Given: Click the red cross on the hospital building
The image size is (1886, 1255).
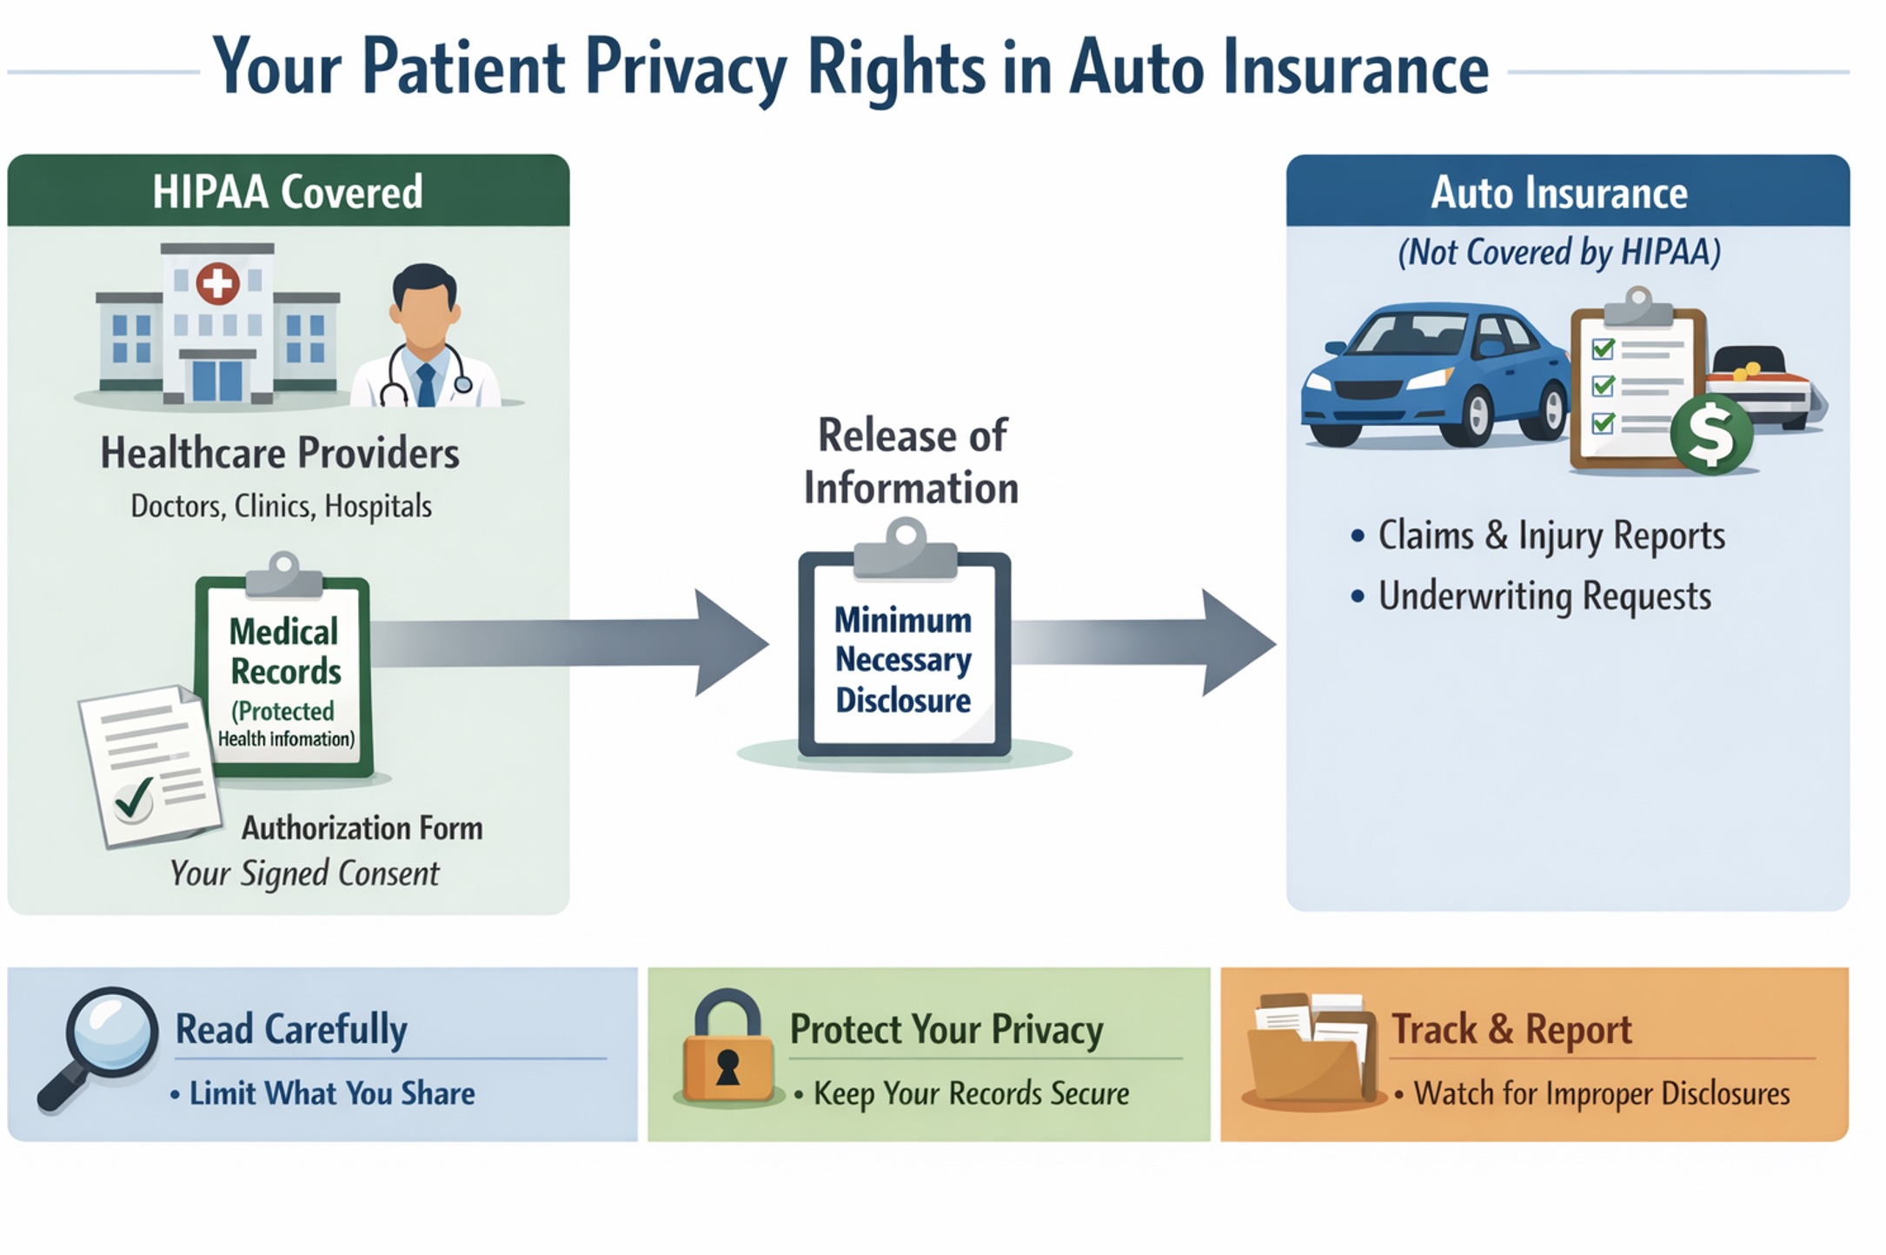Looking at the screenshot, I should [x=217, y=283].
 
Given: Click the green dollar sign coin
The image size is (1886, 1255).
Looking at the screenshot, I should [x=1710, y=435].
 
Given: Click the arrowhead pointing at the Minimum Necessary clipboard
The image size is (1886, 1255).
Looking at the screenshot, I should [x=730, y=643].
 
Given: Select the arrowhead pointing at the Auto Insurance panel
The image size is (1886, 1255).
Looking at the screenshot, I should [x=1238, y=643].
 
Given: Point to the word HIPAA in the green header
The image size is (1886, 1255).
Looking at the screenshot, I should [x=209, y=192].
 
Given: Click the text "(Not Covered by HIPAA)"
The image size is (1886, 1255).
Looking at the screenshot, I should [x=1559, y=253].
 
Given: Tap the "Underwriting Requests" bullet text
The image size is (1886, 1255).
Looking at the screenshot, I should [x=1544, y=597].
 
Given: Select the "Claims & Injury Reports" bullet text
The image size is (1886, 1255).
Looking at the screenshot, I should [x=1551, y=535].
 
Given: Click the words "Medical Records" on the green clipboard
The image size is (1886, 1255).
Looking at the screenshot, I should [x=284, y=651].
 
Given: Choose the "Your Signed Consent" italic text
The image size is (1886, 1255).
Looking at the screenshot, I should [x=304, y=873].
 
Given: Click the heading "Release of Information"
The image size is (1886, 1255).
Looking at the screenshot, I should [x=911, y=461].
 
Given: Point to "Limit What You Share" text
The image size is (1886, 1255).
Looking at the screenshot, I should [x=332, y=1093].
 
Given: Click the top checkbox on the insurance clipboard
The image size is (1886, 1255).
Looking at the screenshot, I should [x=1602, y=349].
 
